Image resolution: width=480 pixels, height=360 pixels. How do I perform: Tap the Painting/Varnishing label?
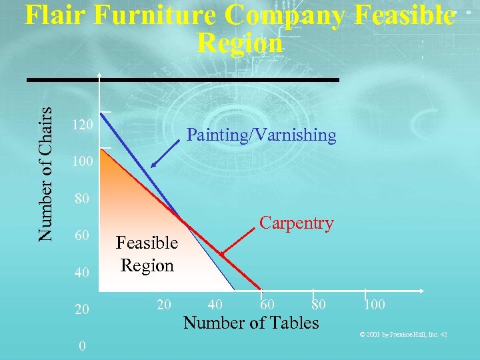click(x=261, y=135)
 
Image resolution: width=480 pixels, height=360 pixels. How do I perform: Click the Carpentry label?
click(x=297, y=223)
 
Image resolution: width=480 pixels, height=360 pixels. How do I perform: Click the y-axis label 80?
click(x=81, y=199)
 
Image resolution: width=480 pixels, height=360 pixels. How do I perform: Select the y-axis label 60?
click(x=81, y=235)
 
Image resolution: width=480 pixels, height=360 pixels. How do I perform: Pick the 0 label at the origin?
click(x=81, y=346)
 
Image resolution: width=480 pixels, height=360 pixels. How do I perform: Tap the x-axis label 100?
click(x=375, y=305)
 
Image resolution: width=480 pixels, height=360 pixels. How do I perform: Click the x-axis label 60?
click(x=267, y=305)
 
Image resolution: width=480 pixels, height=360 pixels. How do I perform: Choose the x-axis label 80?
click(x=319, y=305)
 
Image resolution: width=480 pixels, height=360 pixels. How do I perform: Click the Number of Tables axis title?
click(x=251, y=323)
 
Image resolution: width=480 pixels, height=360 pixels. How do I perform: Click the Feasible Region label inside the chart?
click(x=147, y=254)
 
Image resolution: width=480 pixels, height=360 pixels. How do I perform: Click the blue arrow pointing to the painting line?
click(x=163, y=155)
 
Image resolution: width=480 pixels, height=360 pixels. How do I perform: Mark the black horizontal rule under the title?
click(x=183, y=80)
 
